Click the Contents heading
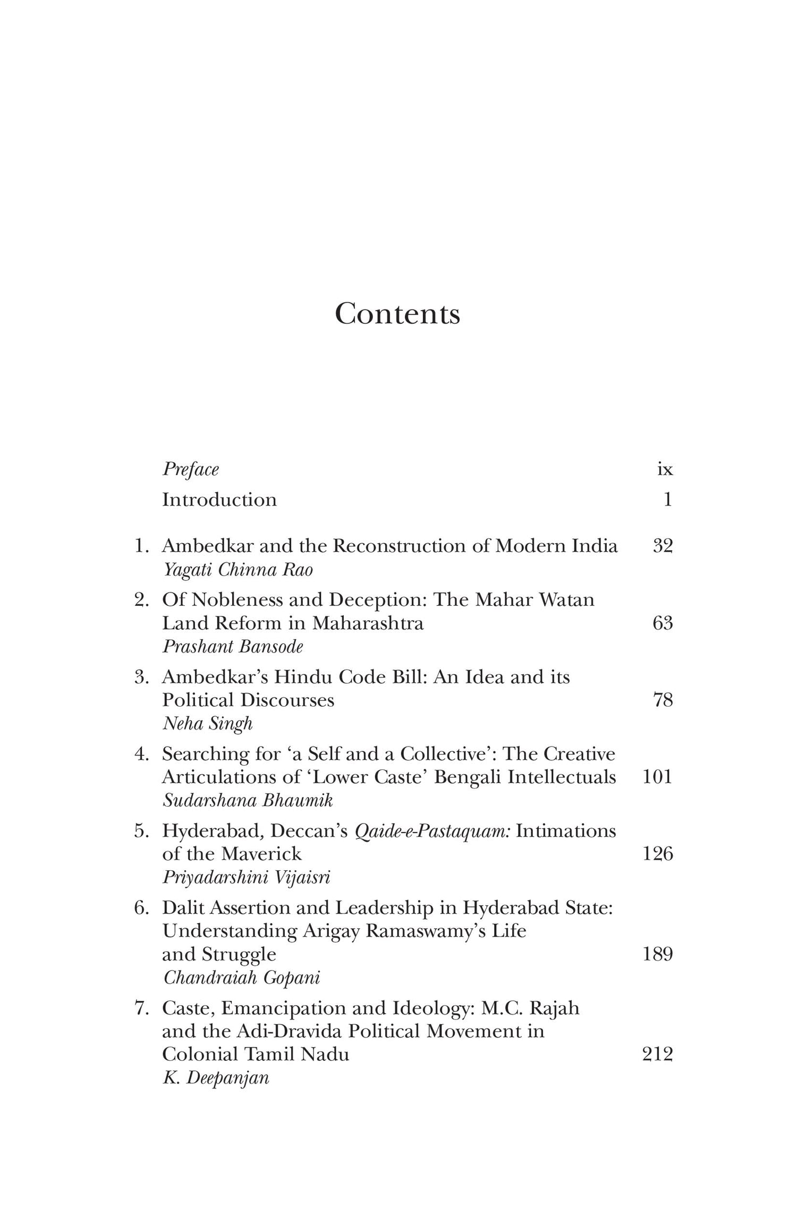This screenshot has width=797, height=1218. point(397,313)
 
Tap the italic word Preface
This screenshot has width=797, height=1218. point(190,469)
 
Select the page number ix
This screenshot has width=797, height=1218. point(665,469)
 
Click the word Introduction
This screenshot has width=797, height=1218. point(219,500)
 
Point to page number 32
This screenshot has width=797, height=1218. point(663,546)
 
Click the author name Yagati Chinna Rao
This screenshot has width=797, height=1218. point(238,570)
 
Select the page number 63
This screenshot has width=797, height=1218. point(663,622)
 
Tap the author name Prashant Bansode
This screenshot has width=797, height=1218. point(233,646)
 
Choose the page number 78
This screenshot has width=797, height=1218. point(663,700)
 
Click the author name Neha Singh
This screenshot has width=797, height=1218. point(207,724)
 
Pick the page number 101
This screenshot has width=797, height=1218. point(658,777)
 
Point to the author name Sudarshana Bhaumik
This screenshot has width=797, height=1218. point(248,801)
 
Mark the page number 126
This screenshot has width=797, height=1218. point(658,854)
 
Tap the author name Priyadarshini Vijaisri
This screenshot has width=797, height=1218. point(247,878)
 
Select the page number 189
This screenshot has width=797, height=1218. point(658,954)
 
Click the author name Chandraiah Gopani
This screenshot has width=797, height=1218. point(241,977)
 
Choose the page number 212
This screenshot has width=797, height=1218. point(658,1054)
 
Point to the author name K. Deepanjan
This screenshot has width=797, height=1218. point(216,1078)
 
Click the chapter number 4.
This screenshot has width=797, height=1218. point(141,754)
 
